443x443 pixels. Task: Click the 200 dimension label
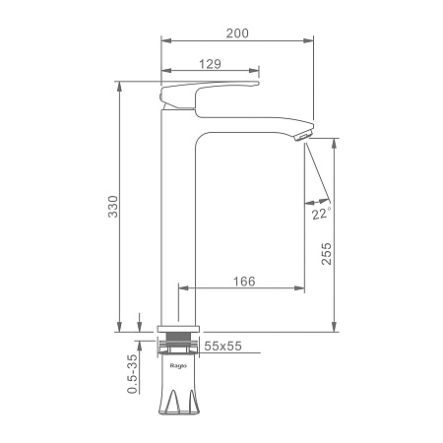(x=237, y=33)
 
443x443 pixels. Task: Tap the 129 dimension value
(x=211, y=64)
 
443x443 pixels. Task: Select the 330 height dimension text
(x=113, y=207)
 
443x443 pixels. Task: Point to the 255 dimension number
(x=326, y=254)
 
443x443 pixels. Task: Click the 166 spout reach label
(x=244, y=282)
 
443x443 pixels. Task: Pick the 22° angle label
(x=321, y=214)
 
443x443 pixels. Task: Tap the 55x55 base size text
(x=222, y=346)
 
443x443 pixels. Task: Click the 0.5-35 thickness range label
(x=132, y=374)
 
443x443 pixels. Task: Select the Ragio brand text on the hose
(x=178, y=366)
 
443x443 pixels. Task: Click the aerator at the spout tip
(x=304, y=135)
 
